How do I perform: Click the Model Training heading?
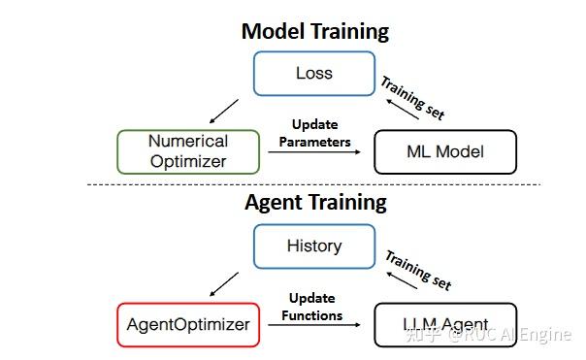[314, 31]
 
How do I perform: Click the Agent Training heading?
[314, 202]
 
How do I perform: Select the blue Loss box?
[313, 73]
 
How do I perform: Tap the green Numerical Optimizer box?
[187, 151]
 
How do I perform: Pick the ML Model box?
[445, 151]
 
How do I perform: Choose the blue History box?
[313, 245]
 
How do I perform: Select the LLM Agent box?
[445, 324]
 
